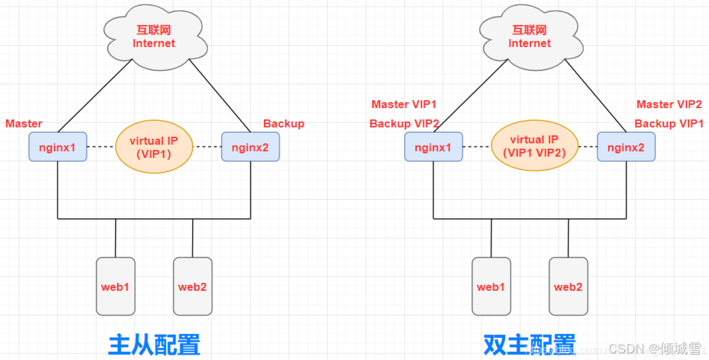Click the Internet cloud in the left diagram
coord(153,37)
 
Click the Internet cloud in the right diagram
coord(529,37)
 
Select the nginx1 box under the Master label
coord(58,147)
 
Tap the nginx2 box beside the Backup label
coord(251,147)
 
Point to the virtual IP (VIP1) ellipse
coord(154,146)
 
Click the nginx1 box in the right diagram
coord(433,147)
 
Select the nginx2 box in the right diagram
coord(626,147)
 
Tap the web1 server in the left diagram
coord(116,286)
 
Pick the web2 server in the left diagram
coord(193,286)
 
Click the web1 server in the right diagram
coord(491,286)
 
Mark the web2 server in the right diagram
coord(568,286)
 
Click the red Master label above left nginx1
coord(24,124)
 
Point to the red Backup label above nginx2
coord(284,124)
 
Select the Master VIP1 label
coord(404,104)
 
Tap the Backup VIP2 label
coord(404,124)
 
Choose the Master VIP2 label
coord(668,104)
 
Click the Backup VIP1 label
coord(668,124)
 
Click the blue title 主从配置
coord(154,345)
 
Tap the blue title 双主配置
coord(530,345)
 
